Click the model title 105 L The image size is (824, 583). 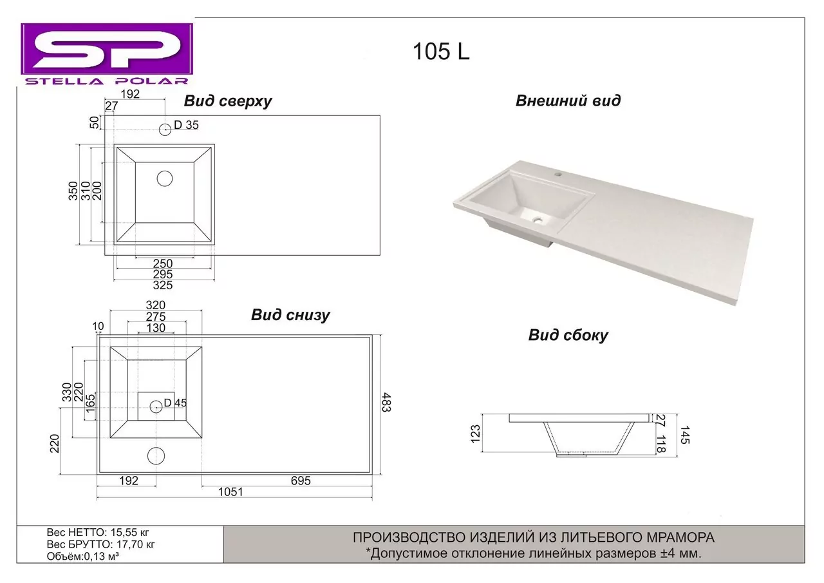[x=441, y=52]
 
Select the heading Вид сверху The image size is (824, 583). [x=228, y=101]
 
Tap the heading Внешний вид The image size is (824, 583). [x=568, y=100]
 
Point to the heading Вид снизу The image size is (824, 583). [x=290, y=315]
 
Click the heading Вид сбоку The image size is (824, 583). [x=568, y=335]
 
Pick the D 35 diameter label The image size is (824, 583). [x=186, y=126]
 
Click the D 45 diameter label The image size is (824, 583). [x=175, y=403]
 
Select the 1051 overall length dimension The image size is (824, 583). [x=230, y=492]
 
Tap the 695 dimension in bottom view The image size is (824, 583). [x=301, y=481]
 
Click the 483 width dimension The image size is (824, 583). [x=386, y=402]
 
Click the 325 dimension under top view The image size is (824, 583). [x=164, y=285]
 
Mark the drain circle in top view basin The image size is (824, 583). [x=165, y=178]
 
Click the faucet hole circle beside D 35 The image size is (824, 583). [x=165, y=128]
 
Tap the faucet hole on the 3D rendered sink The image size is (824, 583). [x=557, y=174]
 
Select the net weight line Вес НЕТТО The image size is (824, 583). [x=98, y=533]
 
